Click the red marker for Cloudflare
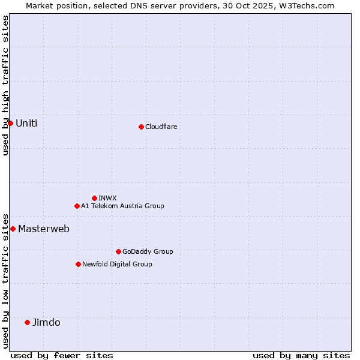coord(141,127)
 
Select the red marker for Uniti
coord(10,123)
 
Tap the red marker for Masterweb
coord(13,229)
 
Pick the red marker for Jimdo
coord(27,322)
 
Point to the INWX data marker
coord(94,198)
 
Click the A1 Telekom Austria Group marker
coord(77,206)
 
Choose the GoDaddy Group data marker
coord(118,251)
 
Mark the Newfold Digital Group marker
coord(78,264)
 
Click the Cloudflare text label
coord(161,127)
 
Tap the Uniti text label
coord(26,124)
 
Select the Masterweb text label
coord(43,229)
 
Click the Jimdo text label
coord(46,323)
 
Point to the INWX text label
coord(107,198)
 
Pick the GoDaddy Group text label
coord(148,251)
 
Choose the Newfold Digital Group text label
coord(117,264)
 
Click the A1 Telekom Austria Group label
coord(122,206)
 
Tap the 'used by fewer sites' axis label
coord(62,355)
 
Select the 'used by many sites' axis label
coord(301,355)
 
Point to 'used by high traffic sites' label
coord(5,85)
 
